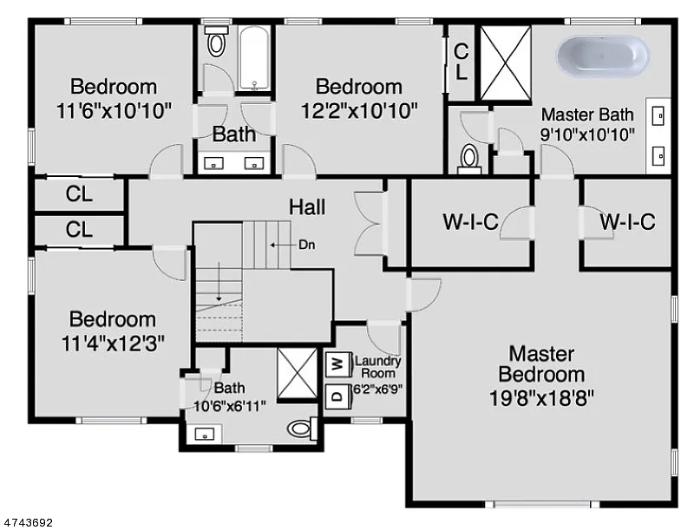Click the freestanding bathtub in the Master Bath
(x=602, y=56)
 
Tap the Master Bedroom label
(x=541, y=364)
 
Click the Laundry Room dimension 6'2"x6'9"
(x=376, y=390)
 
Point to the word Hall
(x=307, y=206)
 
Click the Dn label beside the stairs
(x=306, y=245)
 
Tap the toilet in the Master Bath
(x=468, y=157)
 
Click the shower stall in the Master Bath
(x=505, y=62)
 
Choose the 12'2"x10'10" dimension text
(x=359, y=110)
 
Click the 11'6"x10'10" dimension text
(x=114, y=110)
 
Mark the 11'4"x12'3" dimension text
(x=113, y=342)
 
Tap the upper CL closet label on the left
(x=79, y=194)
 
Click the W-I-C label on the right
(x=626, y=222)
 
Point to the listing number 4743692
(x=29, y=522)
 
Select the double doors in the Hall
(x=370, y=223)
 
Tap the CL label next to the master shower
(x=461, y=62)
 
